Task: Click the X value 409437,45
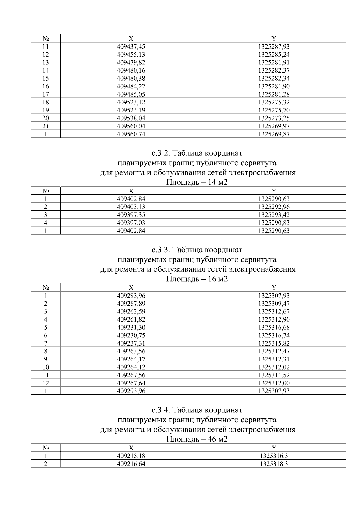click(131, 46)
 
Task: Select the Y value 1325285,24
click(274, 55)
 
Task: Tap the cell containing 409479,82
click(131, 62)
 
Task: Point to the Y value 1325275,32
click(274, 102)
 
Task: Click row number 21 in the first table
click(46, 126)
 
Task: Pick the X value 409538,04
click(131, 118)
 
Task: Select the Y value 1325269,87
click(274, 134)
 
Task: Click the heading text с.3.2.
click(161, 153)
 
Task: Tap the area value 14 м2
click(217, 182)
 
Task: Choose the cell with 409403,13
click(131, 207)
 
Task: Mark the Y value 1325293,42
click(274, 215)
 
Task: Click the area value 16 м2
click(217, 279)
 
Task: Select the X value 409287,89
click(131, 303)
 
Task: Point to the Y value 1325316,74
click(274, 335)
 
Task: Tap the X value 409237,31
click(131, 343)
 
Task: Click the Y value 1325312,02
click(274, 367)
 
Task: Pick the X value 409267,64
click(131, 383)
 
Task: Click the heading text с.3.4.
click(161, 410)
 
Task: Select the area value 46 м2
click(217, 439)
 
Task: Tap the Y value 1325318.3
click(274, 464)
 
